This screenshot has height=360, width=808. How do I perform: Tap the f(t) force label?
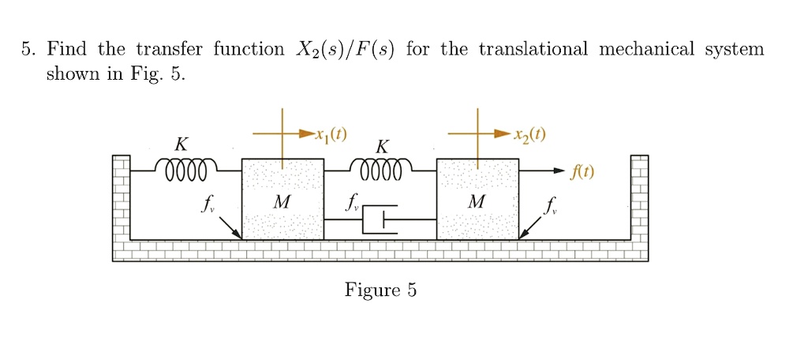pos(584,171)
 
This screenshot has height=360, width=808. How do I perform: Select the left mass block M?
pos(282,199)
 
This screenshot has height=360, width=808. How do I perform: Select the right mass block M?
pos(477,199)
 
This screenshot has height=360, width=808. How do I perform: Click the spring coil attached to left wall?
pos(182,169)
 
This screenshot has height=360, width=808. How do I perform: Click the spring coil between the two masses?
pos(380,169)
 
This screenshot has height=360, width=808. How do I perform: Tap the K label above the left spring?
pos(181,144)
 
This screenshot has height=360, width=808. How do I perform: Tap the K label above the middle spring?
pos(382,147)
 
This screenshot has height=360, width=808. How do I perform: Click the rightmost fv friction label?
pos(550,207)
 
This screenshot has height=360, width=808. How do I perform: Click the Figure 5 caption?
pos(380,291)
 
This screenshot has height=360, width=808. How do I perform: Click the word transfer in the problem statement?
pos(169,50)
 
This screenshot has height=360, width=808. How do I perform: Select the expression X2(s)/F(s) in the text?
pos(348,50)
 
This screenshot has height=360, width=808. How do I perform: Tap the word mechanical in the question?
pos(646,50)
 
